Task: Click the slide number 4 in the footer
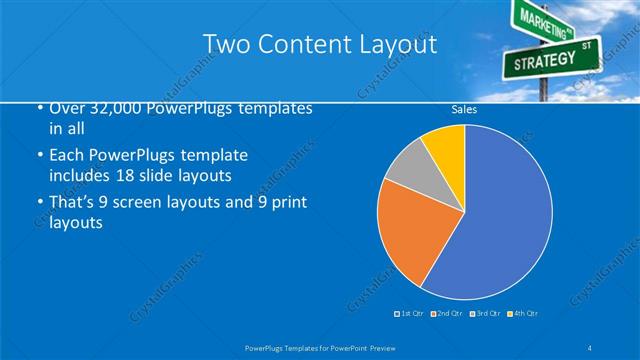(x=590, y=347)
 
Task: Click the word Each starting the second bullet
(x=66, y=156)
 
